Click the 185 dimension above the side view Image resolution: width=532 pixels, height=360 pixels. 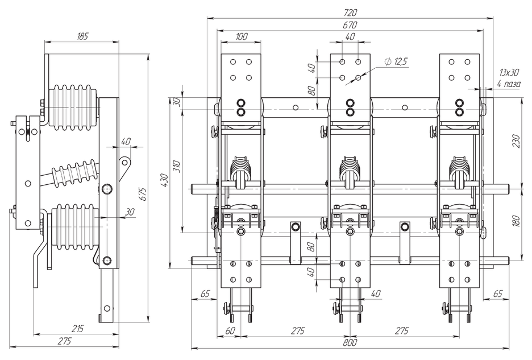(82, 36)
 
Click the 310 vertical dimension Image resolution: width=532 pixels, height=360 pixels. (177, 166)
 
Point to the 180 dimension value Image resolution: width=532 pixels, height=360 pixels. (516, 221)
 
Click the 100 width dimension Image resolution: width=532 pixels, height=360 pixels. (240, 37)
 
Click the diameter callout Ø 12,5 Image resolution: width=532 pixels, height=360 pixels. (396, 62)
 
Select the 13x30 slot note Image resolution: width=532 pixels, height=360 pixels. (509, 72)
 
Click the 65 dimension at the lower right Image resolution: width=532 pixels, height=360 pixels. (497, 294)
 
